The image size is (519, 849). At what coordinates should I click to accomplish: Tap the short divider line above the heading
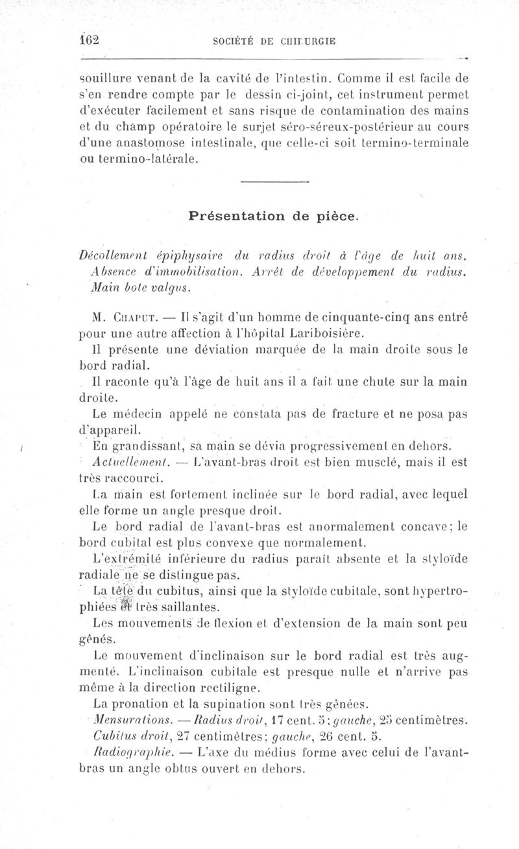pos(272,182)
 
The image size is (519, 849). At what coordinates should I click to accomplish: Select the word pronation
pos(145,703)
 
